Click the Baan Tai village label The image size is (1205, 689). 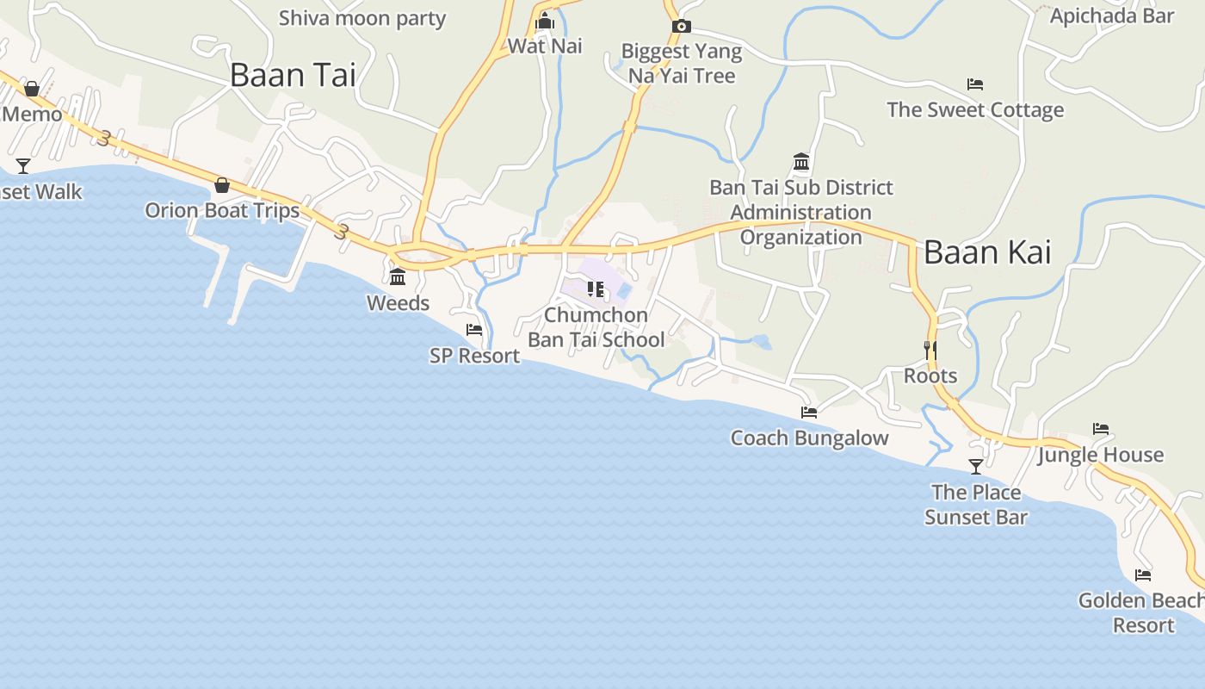pos(293,75)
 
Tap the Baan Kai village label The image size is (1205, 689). pos(987,252)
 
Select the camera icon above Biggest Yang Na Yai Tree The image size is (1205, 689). pos(681,27)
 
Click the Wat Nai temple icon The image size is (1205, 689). pos(544,21)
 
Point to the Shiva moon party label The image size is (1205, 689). pos(362,18)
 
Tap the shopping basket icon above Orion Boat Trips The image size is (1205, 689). pos(222,184)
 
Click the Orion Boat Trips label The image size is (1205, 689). pos(222,210)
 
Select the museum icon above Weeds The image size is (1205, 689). pos(398,277)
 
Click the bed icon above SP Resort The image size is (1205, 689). pos(474,330)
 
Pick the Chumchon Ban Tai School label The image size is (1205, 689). pos(596,327)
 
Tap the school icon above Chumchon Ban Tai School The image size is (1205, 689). pos(595,289)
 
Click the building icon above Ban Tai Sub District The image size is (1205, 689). pos(801,162)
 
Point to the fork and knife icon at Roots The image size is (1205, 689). pos(930,350)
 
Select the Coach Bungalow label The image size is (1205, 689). pos(809,438)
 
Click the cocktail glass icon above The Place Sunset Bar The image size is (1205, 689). pos(975,467)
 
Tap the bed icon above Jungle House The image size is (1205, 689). pos(1100,429)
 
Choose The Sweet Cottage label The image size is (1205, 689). pos(975,110)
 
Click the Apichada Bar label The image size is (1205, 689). pos(1112,16)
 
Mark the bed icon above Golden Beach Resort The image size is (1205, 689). pos(1143,575)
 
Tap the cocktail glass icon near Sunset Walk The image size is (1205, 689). pos(23,166)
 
